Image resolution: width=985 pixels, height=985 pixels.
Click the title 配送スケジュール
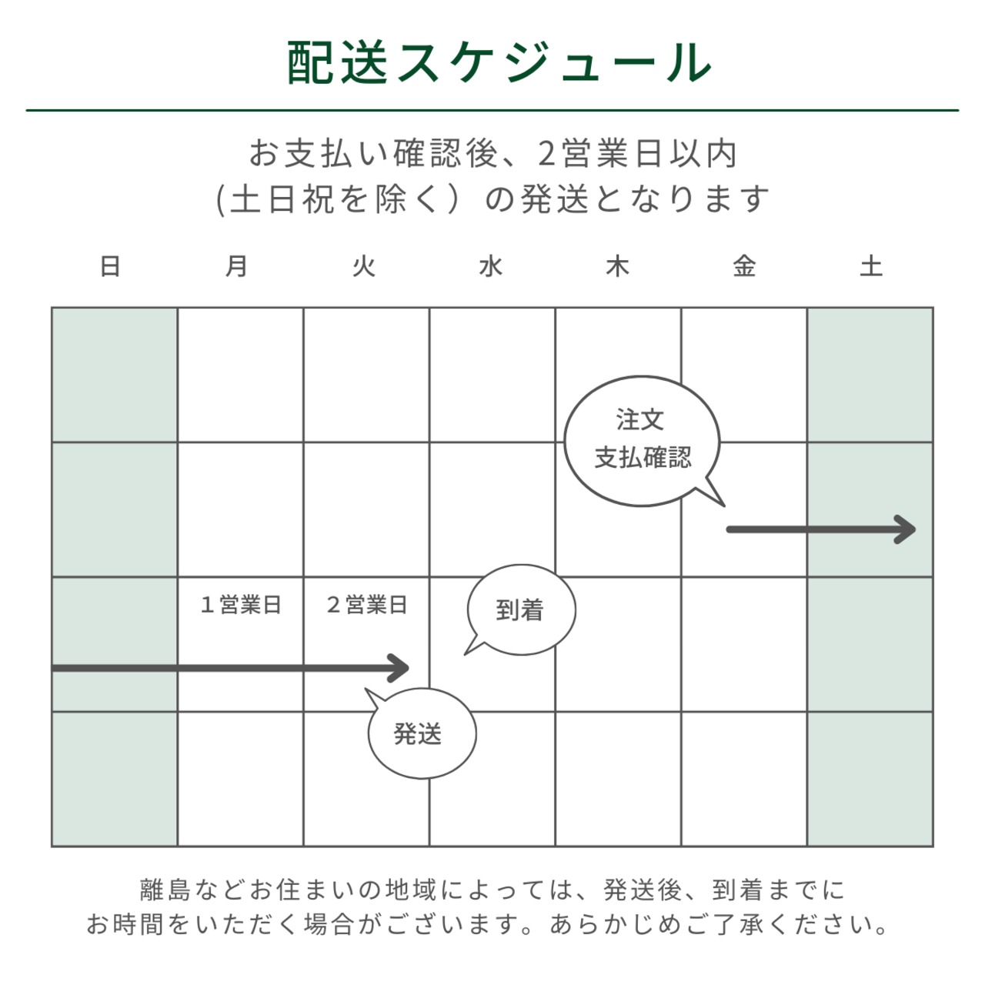click(x=499, y=62)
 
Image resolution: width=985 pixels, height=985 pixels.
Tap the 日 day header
click(x=110, y=266)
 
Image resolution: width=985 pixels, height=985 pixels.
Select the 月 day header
click(x=237, y=266)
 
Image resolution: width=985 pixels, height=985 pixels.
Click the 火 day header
click(x=363, y=266)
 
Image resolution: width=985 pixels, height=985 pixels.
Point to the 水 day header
click(x=491, y=266)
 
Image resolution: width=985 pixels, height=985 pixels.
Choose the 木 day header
click(x=617, y=266)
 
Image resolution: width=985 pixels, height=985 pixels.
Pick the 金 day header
click(x=744, y=266)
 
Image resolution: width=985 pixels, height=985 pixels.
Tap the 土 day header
click(x=871, y=266)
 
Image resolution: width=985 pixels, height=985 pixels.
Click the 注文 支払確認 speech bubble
click(x=643, y=441)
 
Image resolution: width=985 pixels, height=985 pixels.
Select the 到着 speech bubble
click(x=520, y=609)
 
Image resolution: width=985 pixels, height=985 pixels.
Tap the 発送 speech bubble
click(x=420, y=733)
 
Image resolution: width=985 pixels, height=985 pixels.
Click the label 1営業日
click(x=241, y=605)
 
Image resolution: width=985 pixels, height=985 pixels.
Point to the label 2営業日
click(x=367, y=605)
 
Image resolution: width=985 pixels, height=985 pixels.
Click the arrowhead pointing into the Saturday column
click(x=906, y=529)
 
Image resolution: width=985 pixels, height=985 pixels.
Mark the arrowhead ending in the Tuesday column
click(x=399, y=668)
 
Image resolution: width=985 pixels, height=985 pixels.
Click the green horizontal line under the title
click(x=492, y=110)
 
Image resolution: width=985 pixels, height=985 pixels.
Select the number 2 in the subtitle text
click(x=546, y=154)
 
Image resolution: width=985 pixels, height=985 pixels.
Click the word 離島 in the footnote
click(x=165, y=890)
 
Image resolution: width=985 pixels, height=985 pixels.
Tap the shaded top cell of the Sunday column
click(x=115, y=375)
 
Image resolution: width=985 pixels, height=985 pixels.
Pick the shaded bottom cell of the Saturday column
click(x=870, y=779)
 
